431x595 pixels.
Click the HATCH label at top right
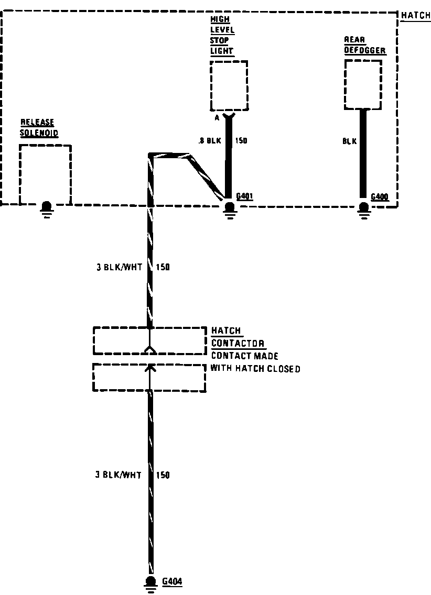[415, 16]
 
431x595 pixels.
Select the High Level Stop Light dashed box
[229, 85]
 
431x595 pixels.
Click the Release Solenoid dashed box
[45, 174]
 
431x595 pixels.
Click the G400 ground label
[380, 197]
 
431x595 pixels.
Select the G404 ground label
[172, 581]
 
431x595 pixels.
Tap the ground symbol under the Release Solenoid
[46, 208]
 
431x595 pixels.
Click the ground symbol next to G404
[151, 583]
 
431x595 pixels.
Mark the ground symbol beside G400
[363, 208]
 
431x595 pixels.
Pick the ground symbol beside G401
[229, 208]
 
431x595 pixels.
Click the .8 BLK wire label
[210, 141]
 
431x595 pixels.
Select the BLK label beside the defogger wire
[350, 141]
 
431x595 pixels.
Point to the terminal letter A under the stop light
[217, 118]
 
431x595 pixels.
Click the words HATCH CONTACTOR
[237, 337]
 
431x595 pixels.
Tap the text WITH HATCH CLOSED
[255, 369]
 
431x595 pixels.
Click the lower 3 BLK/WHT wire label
[118, 475]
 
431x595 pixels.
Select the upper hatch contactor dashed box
[149, 341]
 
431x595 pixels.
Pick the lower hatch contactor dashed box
[149, 377]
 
